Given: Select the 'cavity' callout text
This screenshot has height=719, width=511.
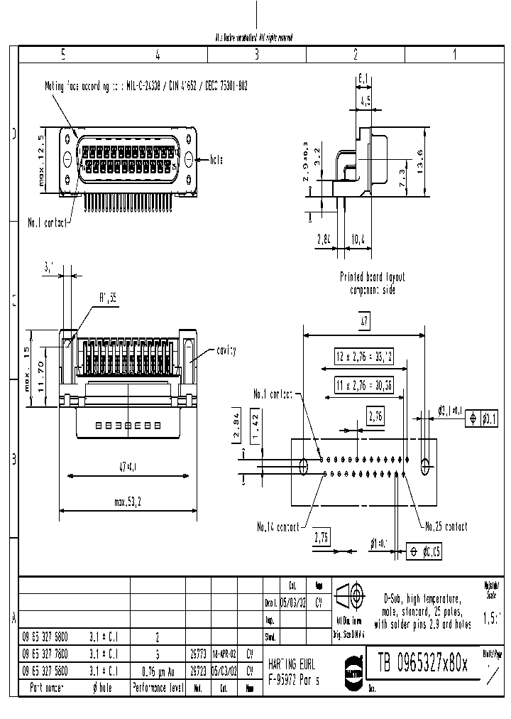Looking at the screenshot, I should point(224,351).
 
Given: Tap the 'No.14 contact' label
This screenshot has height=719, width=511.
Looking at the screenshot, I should point(278,527).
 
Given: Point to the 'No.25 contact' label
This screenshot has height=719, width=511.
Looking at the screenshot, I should point(446,526).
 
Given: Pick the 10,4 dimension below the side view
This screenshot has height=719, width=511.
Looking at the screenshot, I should point(359,241).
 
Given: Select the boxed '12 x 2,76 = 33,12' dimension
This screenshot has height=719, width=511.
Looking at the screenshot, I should point(364,354).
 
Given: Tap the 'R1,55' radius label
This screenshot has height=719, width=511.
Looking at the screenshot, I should point(107,299).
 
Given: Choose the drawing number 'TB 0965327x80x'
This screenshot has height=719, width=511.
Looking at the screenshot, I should point(422,664).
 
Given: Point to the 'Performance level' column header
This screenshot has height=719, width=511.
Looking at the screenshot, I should point(158,688).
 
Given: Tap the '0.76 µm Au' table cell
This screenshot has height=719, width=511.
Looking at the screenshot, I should point(158,670).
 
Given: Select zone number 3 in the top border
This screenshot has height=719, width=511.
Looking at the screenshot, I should point(256,54).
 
